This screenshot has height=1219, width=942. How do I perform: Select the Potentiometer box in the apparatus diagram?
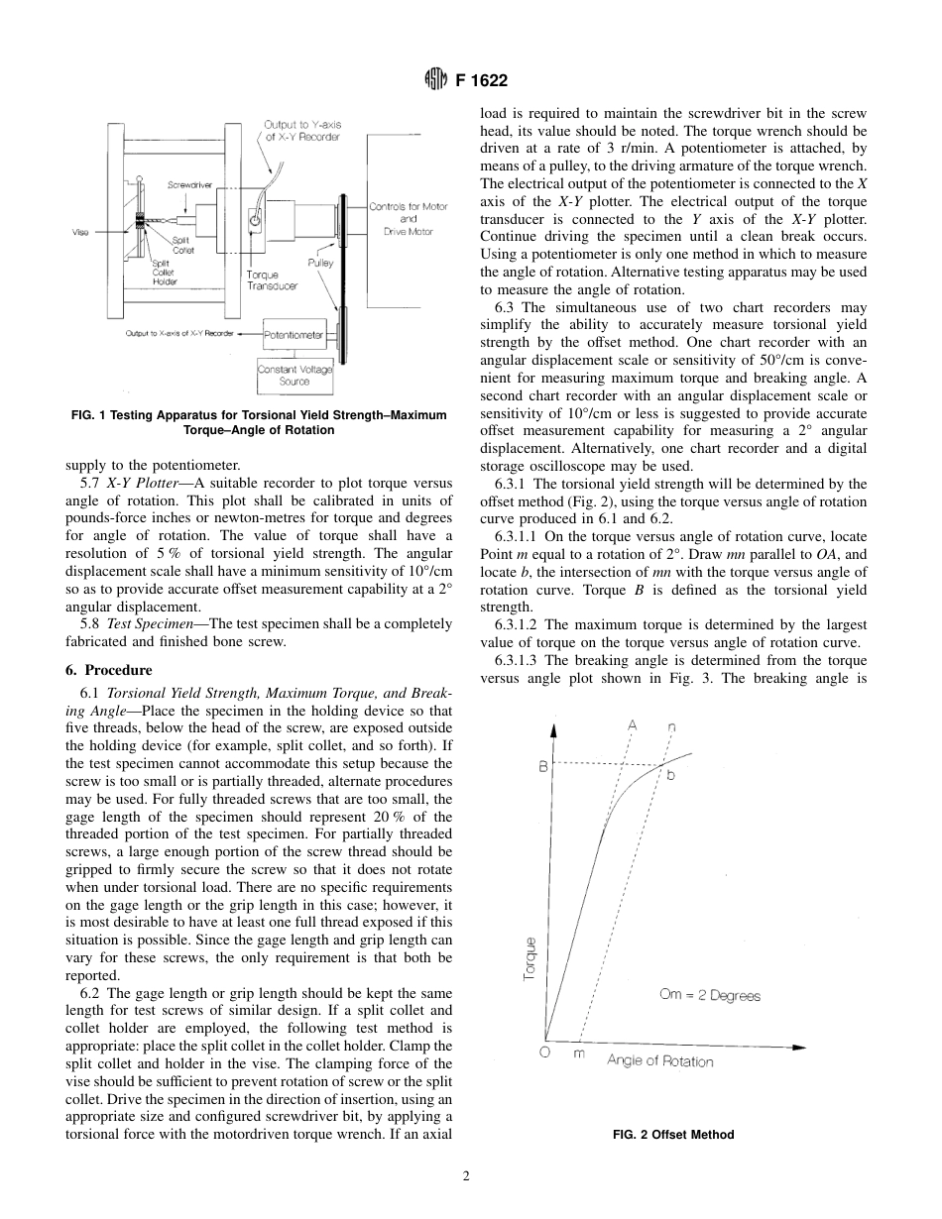click(x=294, y=335)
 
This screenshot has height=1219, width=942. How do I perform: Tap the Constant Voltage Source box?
click(x=294, y=375)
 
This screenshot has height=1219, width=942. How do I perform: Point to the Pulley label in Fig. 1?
click(x=320, y=263)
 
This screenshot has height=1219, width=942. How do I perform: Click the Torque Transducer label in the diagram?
click(x=271, y=279)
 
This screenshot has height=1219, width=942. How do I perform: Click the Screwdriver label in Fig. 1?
click(x=188, y=184)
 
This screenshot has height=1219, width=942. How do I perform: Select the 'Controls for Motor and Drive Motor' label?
click(x=408, y=218)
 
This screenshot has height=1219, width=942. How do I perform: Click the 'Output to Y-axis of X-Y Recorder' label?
click(x=302, y=130)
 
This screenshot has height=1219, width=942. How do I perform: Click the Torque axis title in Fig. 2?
click(x=530, y=958)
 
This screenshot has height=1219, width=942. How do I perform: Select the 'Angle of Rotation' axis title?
click(x=659, y=1061)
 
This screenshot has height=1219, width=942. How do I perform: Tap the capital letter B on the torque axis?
click(x=542, y=765)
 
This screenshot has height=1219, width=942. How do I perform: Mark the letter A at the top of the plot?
click(x=632, y=724)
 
